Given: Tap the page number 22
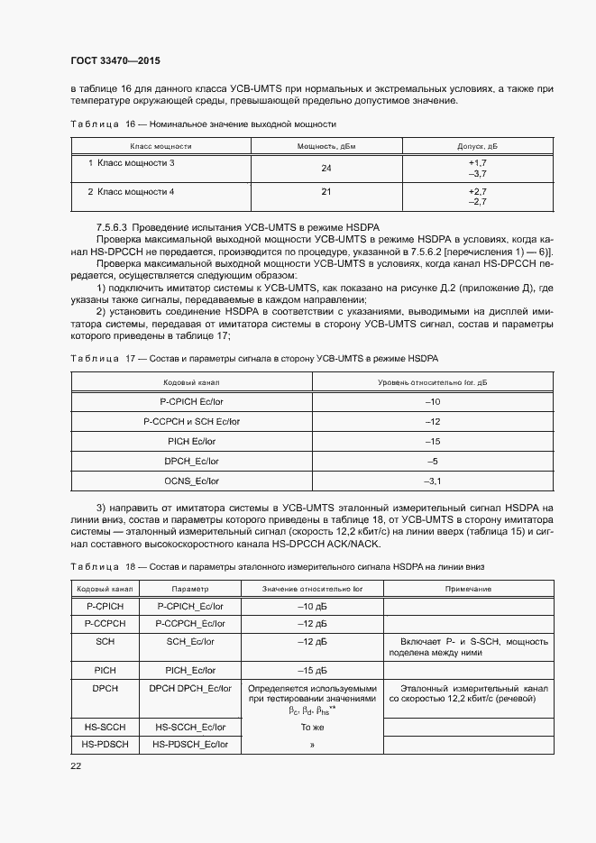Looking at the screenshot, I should (x=75, y=765).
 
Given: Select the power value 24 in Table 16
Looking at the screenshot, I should (x=326, y=168).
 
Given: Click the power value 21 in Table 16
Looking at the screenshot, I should (x=326, y=192).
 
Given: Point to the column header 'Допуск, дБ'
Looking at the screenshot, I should (x=478, y=145).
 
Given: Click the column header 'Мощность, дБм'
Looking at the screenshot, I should (x=326, y=145).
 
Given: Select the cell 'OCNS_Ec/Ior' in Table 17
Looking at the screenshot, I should (x=192, y=481).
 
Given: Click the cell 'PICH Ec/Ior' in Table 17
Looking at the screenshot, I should (x=192, y=441).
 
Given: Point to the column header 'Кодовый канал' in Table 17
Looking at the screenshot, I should (x=192, y=383).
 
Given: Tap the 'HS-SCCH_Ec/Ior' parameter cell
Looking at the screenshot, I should (x=190, y=725).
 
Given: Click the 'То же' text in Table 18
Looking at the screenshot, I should (x=311, y=725).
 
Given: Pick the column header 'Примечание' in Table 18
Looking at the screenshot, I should (x=468, y=589).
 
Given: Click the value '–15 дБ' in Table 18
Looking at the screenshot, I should (x=311, y=670).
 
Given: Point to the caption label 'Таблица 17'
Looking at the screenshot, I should (x=95, y=359).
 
